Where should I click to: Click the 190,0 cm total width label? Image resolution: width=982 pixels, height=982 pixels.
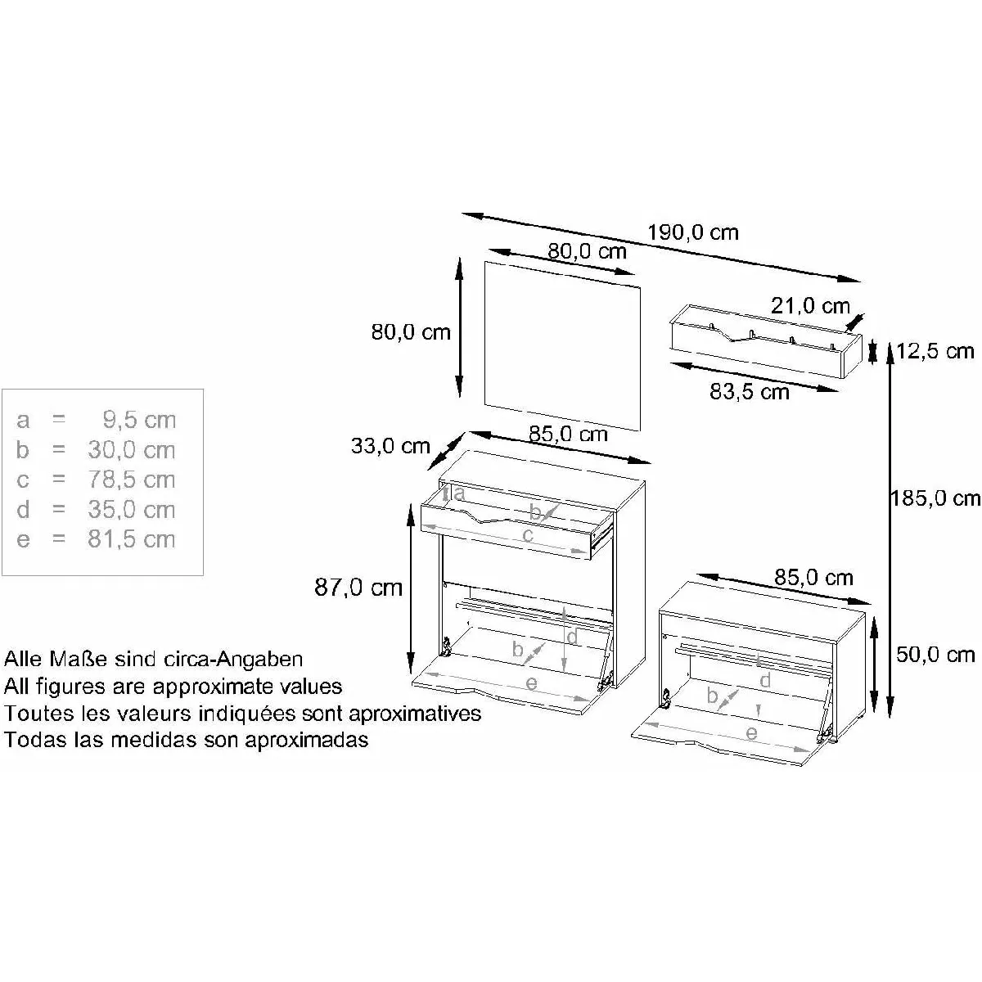692,232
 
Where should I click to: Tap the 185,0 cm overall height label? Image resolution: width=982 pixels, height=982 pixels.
935,498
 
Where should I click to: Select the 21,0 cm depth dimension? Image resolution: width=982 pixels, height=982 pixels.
810,306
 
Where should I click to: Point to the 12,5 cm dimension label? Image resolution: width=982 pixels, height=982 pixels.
935,351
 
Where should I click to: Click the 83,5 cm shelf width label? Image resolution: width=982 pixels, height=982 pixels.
749,391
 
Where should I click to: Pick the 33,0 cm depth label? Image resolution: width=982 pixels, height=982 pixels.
390,446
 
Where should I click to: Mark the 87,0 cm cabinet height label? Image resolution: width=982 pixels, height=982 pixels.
358,588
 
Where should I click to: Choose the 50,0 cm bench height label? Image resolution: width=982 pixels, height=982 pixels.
935,655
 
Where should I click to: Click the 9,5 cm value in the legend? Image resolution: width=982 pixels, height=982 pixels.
139,420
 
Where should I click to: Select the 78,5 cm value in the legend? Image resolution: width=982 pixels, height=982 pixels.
132,480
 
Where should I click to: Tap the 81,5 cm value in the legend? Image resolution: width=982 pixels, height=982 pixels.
132,539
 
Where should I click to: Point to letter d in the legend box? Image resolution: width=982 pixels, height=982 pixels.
23,510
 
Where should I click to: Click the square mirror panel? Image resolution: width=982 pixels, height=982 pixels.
562,346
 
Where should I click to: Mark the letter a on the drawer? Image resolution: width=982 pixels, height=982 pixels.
459,493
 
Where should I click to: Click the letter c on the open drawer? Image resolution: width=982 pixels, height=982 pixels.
528,535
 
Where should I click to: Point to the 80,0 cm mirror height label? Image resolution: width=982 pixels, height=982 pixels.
411,332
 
